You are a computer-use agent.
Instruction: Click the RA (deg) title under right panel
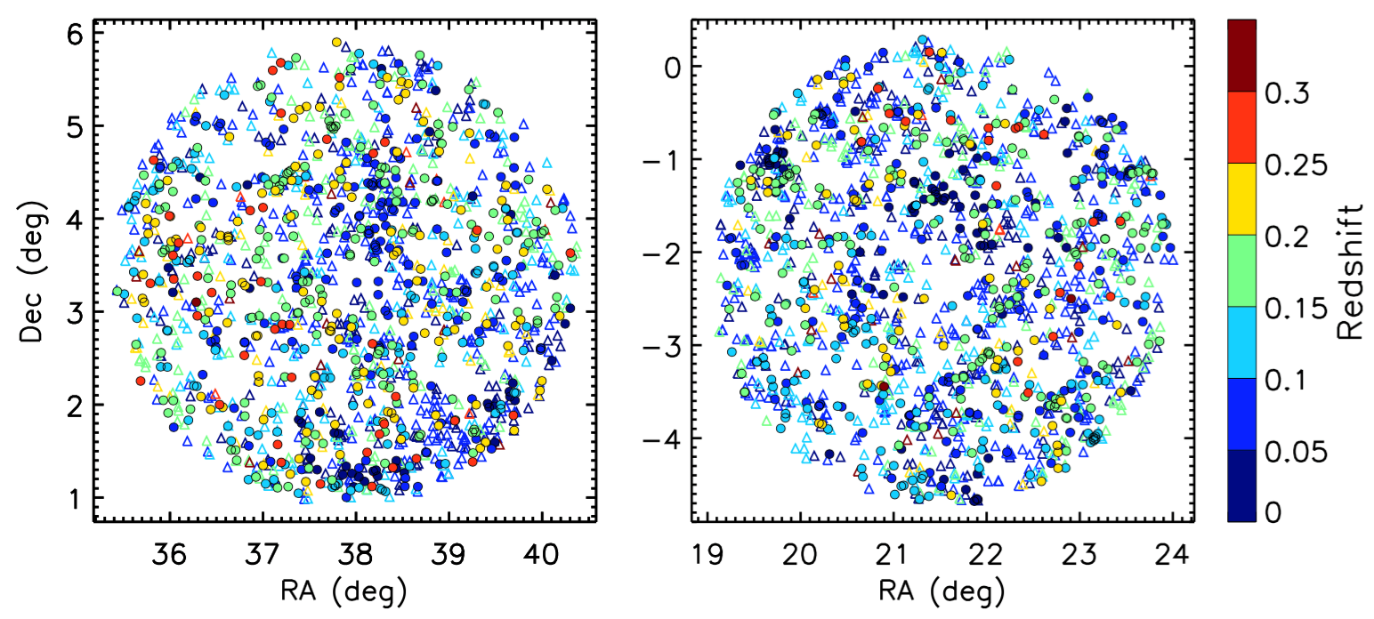[x=944, y=589]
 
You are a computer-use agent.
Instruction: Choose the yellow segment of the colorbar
[x=1241, y=199]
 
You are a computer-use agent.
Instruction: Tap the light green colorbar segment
[x=1241, y=271]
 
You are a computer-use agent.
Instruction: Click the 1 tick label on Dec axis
[x=74, y=499]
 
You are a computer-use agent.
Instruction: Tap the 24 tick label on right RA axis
[x=1172, y=553]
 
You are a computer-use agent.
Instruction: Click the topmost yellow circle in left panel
[x=336, y=42]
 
